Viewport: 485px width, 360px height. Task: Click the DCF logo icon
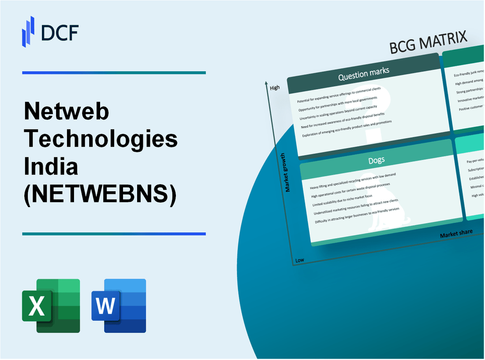(28, 31)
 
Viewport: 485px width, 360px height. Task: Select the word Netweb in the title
(67, 113)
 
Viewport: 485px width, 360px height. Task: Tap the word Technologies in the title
(101, 139)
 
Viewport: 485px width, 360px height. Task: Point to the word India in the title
(51, 167)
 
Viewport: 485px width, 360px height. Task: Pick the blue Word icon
(119, 305)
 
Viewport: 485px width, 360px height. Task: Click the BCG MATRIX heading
(428, 44)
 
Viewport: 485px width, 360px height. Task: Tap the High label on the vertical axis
(275, 87)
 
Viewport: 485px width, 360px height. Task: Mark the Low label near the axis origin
(300, 260)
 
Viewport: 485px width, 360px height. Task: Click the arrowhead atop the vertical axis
(267, 82)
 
